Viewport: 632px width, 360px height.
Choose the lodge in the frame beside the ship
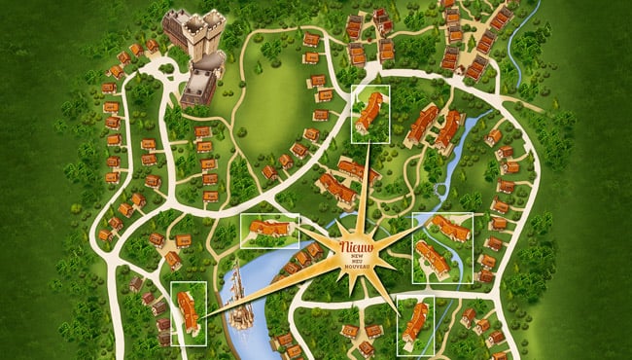(x=189, y=312)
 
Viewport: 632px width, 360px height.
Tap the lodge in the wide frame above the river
(x=269, y=229)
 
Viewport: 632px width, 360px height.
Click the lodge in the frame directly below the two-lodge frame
(x=416, y=322)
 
